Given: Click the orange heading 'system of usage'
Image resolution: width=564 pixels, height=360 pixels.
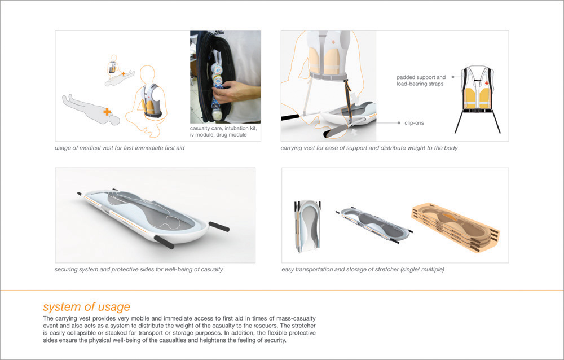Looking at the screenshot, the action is (x=86, y=307).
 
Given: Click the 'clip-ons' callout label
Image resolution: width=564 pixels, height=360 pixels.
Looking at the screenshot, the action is (x=414, y=123).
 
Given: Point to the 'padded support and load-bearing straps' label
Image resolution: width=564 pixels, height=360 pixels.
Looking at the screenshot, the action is (x=421, y=81).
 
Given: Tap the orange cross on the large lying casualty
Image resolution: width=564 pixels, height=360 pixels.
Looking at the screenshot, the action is (x=107, y=112).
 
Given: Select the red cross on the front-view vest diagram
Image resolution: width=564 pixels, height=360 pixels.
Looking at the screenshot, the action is (x=487, y=84).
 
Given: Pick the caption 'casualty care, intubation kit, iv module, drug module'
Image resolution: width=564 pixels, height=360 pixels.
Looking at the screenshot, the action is (x=223, y=131).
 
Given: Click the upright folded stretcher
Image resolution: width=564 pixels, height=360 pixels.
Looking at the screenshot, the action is (x=306, y=225).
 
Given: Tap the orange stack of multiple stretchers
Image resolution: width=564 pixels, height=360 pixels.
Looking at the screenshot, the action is (x=455, y=226).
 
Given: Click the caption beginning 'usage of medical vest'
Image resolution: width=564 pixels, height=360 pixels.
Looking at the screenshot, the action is (x=120, y=148).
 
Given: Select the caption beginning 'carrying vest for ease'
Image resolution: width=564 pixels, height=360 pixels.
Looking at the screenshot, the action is (x=369, y=148).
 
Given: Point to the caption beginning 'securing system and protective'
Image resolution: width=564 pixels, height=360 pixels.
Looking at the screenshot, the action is (x=139, y=269).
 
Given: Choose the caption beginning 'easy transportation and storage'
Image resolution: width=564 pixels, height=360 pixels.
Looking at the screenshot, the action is (x=363, y=269).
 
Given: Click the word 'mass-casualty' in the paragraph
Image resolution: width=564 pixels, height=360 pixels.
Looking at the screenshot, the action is (x=298, y=319).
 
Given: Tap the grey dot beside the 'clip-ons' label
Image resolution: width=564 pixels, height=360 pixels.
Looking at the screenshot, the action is (x=399, y=123).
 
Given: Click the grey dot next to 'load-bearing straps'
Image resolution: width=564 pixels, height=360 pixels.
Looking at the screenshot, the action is (x=453, y=77).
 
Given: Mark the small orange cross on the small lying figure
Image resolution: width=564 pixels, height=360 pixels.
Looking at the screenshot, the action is (x=124, y=73).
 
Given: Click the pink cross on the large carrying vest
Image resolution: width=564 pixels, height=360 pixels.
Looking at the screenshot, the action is (x=333, y=42).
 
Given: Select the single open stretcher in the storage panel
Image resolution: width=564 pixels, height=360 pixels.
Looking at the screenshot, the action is (x=374, y=225).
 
